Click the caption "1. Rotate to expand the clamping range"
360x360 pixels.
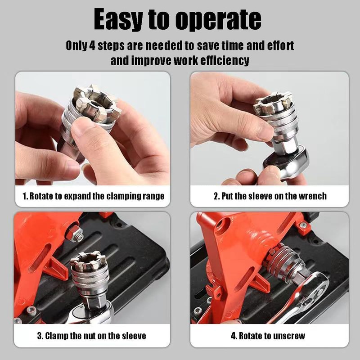tap(93, 196)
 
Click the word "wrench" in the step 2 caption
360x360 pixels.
tap(313, 196)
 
